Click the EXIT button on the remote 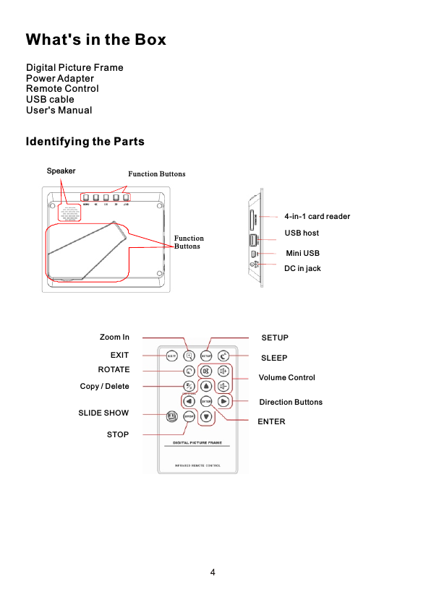coord(172,356)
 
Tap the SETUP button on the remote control coord(206,356)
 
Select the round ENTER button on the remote coord(206,401)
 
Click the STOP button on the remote coord(189,416)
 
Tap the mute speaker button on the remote coord(206,371)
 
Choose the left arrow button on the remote coord(189,401)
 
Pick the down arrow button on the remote coord(206,416)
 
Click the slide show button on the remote coord(171,416)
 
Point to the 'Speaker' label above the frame coord(61,171)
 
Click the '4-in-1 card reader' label coord(317,216)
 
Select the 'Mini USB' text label coord(302,253)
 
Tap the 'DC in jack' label coord(302,268)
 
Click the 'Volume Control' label coord(286,377)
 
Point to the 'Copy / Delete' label coord(104,386)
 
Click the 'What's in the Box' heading coord(95,39)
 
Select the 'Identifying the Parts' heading coord(85,141)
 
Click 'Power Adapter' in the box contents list coord(60,78)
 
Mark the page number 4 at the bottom coord(213,572)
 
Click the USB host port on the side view coord(253,239)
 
